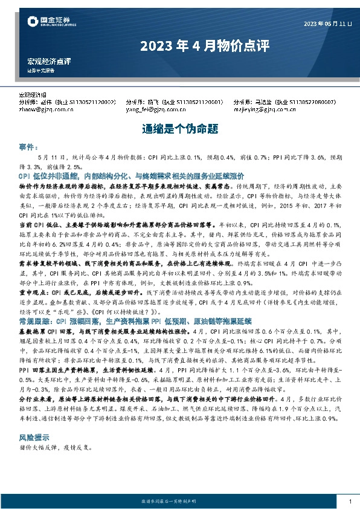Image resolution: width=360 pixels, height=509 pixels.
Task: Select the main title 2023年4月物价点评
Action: (179, 46)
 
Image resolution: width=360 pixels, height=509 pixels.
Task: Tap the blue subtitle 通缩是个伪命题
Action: (179, 129)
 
